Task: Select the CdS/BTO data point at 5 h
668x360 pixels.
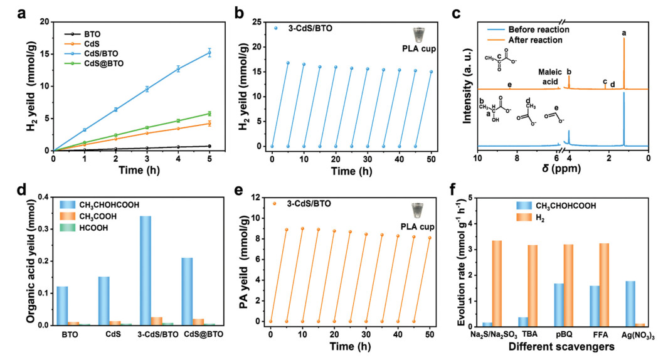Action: point(209,53)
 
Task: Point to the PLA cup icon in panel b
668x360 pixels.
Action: point(418,34)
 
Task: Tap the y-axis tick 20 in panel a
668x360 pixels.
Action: point(45,21)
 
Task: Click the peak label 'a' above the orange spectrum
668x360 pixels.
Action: point(624,31)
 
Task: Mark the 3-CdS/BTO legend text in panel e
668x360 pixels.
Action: point(302,203)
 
